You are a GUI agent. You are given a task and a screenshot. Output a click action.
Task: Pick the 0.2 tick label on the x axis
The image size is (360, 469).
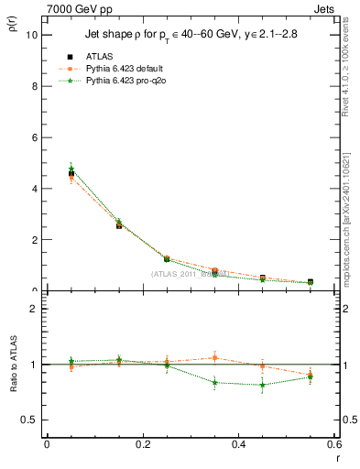click(x=142, y=444)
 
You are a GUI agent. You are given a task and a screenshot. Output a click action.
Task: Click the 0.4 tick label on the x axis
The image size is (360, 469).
click(x=238, y=444)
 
